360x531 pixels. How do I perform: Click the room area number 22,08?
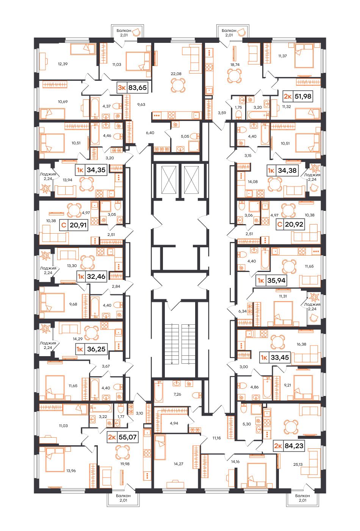click(176, 74)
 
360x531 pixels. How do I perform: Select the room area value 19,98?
click(125, 464)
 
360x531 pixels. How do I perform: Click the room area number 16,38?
click(301, 344)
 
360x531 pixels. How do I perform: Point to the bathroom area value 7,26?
click(177, 394)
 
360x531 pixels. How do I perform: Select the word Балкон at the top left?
click(124, 31)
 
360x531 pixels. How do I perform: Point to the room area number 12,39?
click(63, 64)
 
